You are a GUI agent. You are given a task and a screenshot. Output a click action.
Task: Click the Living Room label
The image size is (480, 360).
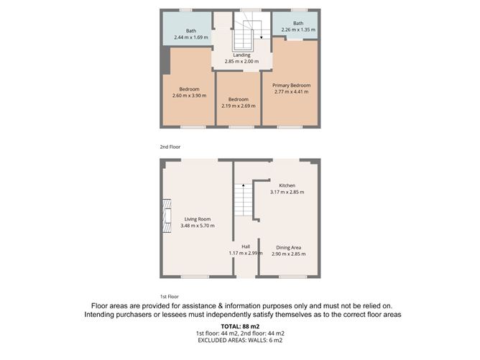point(198,219)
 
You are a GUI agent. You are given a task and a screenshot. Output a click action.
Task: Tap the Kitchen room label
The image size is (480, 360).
point(287,185)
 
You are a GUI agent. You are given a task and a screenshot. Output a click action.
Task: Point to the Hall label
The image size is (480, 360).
point(246,246)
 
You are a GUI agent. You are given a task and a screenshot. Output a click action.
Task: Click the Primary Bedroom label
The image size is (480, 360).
point(290,86)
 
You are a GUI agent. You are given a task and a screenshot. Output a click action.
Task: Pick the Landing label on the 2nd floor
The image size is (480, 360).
point(241,55)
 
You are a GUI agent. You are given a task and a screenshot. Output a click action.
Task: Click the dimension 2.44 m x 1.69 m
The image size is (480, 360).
point(192,37)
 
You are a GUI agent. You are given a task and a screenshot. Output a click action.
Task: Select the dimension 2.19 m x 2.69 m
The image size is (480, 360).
point(238,106)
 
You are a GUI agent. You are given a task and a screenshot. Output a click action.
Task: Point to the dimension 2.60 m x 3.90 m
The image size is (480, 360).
point(189,95)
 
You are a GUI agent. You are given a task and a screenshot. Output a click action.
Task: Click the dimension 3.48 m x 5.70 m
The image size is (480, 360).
point(198,226)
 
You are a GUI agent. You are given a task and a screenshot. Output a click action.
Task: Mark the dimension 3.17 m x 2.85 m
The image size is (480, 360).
point(287,192)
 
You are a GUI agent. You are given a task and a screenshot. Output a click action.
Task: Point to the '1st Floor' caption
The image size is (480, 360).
point(168,296)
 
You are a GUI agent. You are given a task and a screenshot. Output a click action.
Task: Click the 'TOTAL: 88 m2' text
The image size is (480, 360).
point(240,327)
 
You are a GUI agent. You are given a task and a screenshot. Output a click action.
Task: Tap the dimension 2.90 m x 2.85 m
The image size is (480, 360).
point(290,254)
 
